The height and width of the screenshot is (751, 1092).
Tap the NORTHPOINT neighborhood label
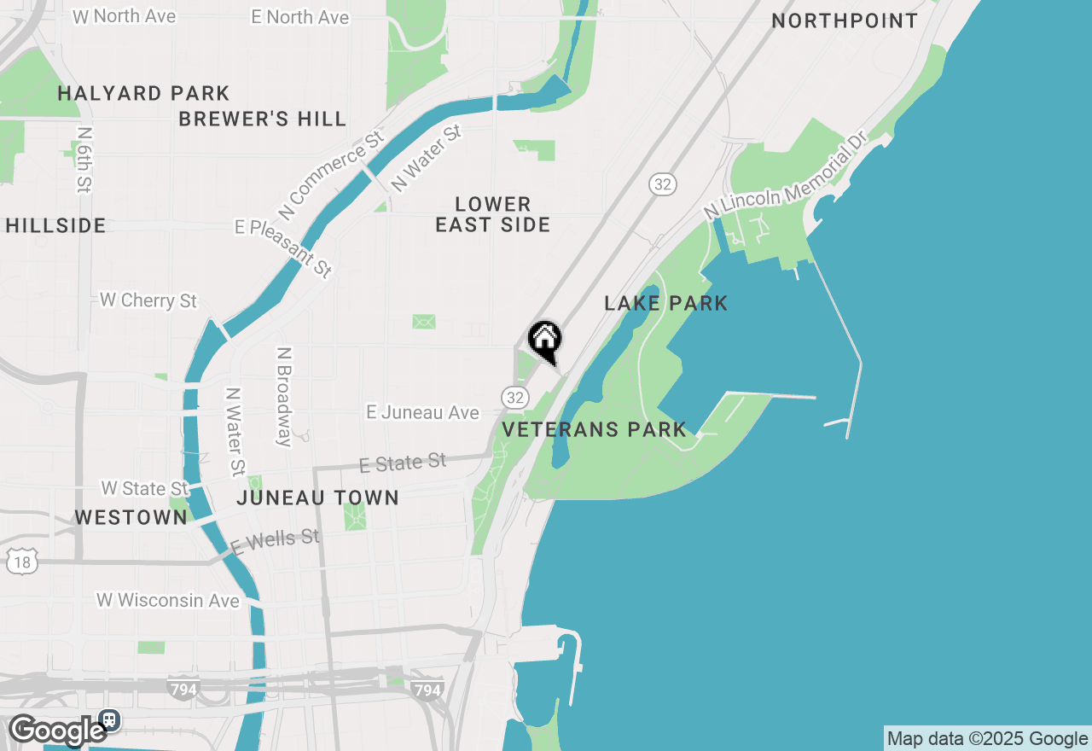click(x=845, y=20)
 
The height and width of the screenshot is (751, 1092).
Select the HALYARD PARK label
click(x=143, y=93)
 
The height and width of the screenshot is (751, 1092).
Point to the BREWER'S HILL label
click(x=263, y=119)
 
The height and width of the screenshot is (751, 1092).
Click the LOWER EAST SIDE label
click(x=493, y=214)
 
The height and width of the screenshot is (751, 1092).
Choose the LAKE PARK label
click(x=666, y=303)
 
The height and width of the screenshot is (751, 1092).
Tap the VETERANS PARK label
click(x=595, y=429)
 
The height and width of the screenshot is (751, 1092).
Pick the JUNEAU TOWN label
click(x=318, y=498)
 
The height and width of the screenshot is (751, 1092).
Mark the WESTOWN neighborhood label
click(x=131, y=517)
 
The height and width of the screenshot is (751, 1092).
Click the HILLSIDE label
click(x=56, y=225)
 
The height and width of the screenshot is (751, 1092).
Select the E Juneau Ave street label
click(x=423, y=412)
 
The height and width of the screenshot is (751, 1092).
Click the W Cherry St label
click(x=148, y=300)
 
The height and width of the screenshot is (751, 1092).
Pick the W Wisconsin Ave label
click(x=168, y=600)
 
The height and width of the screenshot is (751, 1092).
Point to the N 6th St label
click(x=84, y=160)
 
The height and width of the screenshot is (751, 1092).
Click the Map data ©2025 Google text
click(x=987, y=739)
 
